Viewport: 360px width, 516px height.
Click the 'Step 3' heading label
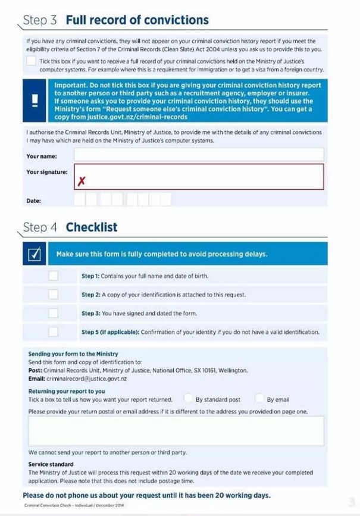point(40,20)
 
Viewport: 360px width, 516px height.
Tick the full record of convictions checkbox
point(31,61)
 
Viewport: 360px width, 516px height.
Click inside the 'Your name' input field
point(199,155)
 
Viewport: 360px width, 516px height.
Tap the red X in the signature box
point(81,181)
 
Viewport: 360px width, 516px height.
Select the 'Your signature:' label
point(47,172)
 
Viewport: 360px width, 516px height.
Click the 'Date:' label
point(34,201)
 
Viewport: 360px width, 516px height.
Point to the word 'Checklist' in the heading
point(92,227)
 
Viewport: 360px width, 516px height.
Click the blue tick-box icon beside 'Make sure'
point(35,254)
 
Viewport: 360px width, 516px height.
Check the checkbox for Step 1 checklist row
point(54,276)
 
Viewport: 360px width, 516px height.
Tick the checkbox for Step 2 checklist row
point(54,294)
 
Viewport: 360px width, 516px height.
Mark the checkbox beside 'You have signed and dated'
point(54,313)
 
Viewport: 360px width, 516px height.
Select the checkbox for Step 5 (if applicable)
point(54,332)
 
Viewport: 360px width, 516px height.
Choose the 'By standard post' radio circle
point(188,398)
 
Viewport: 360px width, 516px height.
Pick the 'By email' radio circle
point(259,398)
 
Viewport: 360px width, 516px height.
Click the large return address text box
point(176,431)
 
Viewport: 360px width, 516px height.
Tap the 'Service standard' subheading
point(51,464)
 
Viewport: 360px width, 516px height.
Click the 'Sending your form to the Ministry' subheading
point(73,354)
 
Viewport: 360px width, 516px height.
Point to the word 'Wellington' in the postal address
point(233,370)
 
